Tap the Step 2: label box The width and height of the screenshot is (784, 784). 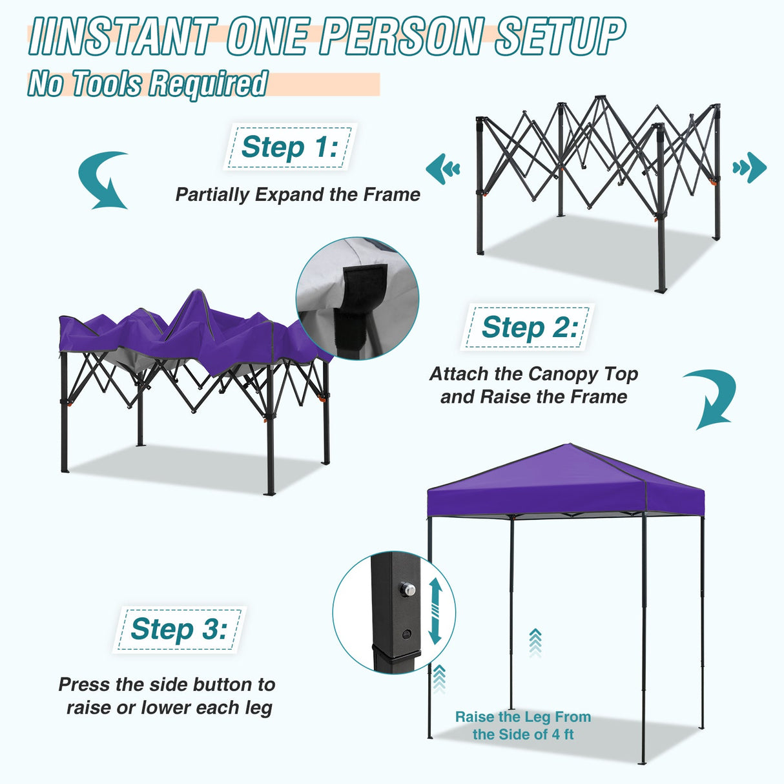coord(528,327)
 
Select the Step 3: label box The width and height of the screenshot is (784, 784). coord(179,629)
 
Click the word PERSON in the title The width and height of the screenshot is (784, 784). coord(401,36)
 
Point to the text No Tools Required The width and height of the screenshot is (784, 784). coord(147,84)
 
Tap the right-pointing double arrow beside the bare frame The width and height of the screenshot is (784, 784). coord(750,168)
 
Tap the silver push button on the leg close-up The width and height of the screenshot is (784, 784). coord(407,590)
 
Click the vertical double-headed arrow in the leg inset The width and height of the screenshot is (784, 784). coord(435,611)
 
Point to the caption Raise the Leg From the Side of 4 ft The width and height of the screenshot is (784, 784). coord(523,725)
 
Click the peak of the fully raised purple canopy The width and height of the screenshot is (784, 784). coord(569,445)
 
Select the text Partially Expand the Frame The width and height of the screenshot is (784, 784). coord(298,194)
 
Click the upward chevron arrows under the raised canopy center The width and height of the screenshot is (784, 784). coord(535,643)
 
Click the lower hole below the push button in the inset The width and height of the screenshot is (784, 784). coord(406,634)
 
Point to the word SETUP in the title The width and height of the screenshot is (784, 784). coord(560,36)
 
